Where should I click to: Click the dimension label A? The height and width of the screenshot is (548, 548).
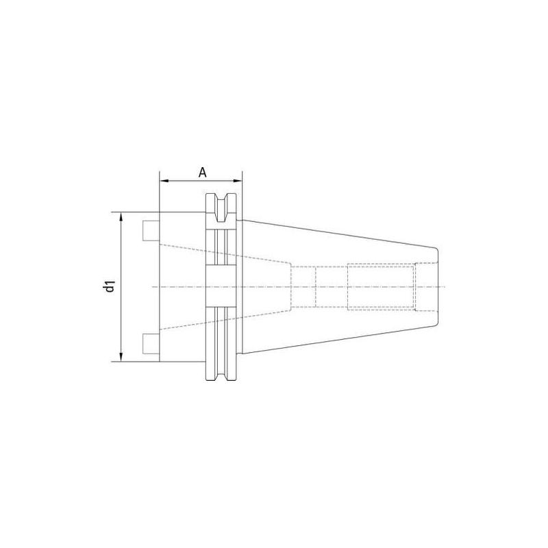point(203,171)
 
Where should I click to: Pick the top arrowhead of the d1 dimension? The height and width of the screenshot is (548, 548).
point(121,216)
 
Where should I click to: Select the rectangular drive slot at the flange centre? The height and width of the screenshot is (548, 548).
point(221,286)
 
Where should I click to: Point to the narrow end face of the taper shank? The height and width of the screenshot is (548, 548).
point(436,286)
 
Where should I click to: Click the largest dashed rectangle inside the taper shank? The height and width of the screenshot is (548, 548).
point(380,286)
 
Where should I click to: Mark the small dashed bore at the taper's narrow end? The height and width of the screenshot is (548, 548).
point(425,286)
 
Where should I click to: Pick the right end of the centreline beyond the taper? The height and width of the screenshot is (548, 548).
point(449,286)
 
